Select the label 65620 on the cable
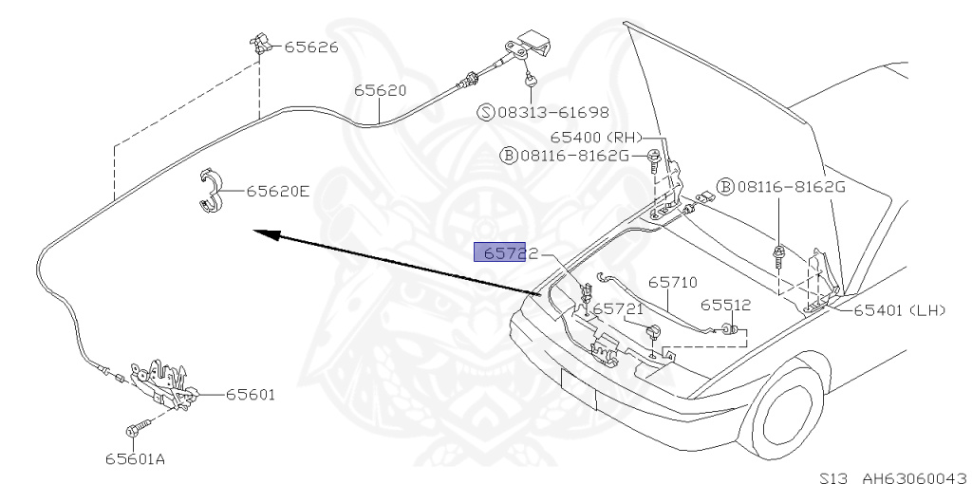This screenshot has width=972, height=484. pyautogui.click(x=381, y=92)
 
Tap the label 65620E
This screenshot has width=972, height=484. pyautogui.click(x=278, y=191)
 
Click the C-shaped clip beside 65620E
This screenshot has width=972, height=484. pyautogui.click(x=210, y=191)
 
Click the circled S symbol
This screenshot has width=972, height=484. pyautogui.click(x=485, y=112)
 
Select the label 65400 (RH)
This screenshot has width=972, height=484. pyautogui.click(x=602, y=137)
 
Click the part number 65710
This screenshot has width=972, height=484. pyautogui.click(x=673, y=282)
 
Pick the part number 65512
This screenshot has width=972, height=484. pyautogui.click(x=726, y=305)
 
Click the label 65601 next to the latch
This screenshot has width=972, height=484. pyautogui.click(x=251, y=394)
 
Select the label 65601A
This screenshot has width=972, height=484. pyautogui.click(x=136, y=460)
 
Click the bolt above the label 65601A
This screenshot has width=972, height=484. pyautogui.click(x=138, y=430)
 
